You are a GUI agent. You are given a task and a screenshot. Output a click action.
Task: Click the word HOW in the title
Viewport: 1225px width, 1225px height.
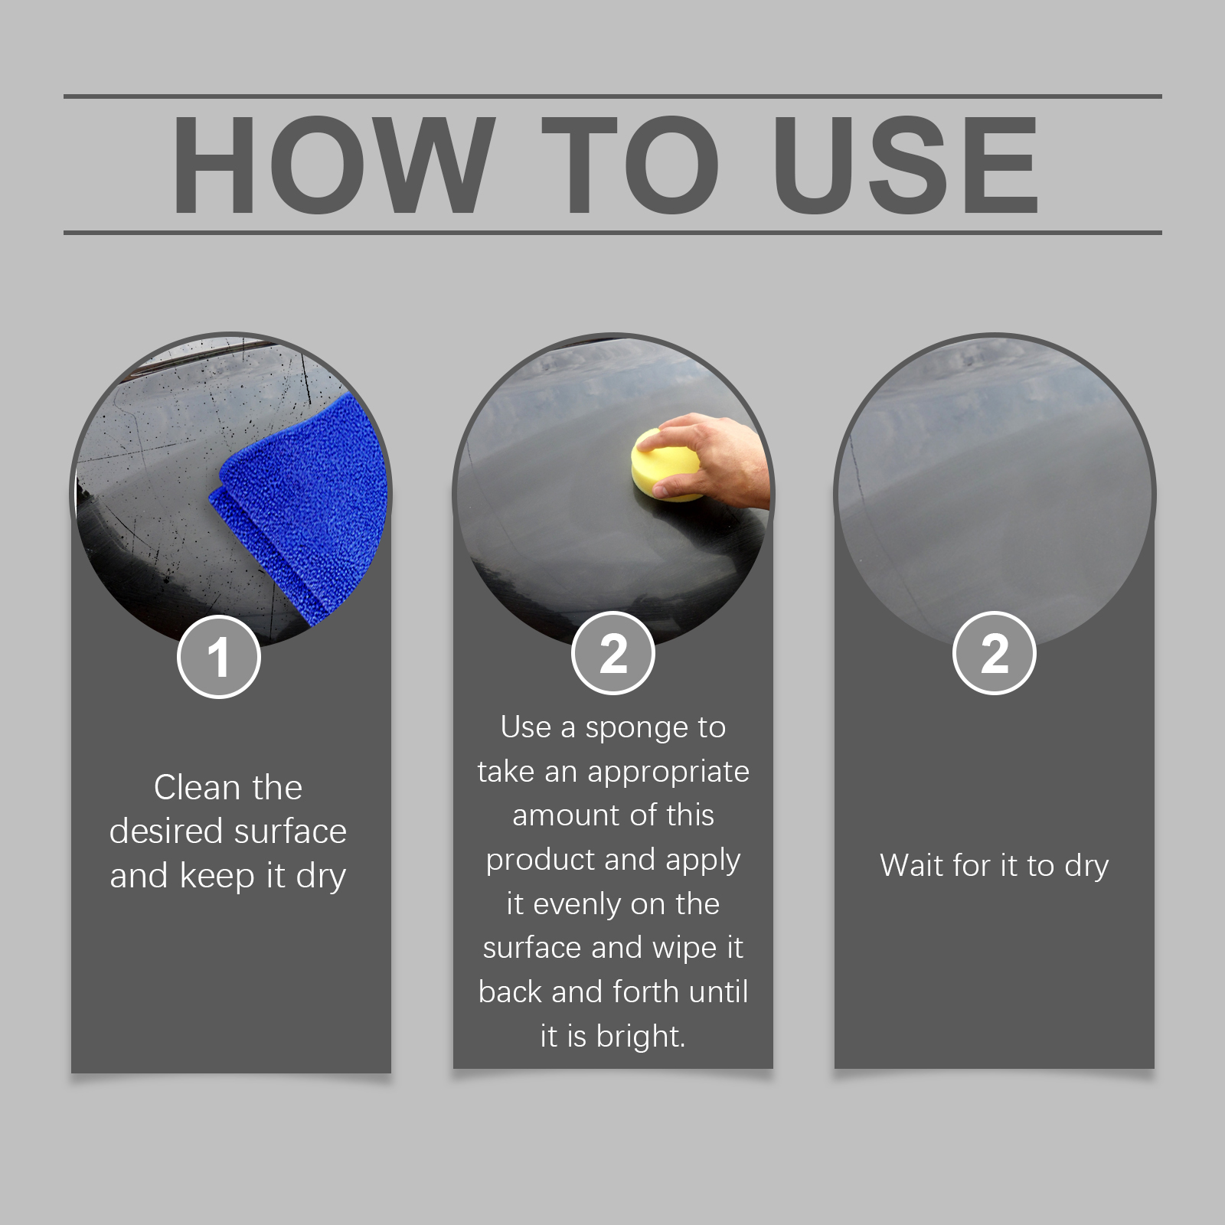tap(332, 165)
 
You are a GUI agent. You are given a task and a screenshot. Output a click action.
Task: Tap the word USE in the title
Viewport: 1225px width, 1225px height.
tap(910, 165)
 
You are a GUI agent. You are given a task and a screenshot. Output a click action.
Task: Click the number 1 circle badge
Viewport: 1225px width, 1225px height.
tap(219, 657)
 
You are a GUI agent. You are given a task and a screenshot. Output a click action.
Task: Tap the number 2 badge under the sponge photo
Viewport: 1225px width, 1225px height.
tap(613, 654)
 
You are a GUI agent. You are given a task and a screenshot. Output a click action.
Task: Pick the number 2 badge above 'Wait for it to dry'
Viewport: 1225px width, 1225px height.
tap(995, 654)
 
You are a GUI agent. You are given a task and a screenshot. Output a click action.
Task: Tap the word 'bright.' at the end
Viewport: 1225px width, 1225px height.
tap(641, 1037)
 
